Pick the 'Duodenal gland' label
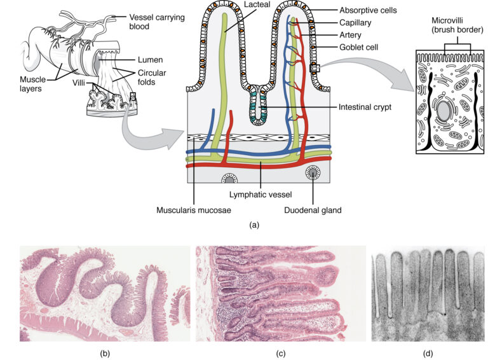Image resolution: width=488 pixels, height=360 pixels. tap(312, 207)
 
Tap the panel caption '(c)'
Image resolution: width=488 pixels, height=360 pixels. tap(279, 353)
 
